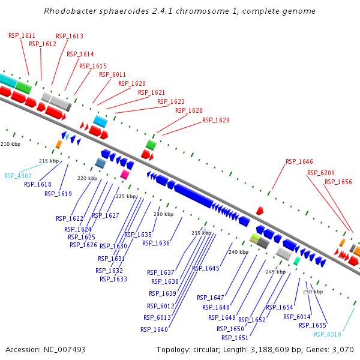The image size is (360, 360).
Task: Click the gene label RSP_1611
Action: pos(22,35)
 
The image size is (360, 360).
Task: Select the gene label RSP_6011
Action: pos(113,74)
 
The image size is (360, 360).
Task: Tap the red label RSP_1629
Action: pos(215,120)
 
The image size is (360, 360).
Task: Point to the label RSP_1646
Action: pos(299,161)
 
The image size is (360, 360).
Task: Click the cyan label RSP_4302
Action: pos(17,176)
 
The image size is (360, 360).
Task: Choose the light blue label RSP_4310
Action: pos(327,334)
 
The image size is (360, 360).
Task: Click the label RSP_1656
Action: pos(338,182)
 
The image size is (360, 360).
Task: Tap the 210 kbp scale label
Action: pos(10,145)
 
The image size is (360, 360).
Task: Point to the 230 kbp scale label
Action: pos(163,214)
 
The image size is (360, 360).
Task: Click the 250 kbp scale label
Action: pos(313,292)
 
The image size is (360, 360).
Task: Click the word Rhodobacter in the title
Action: pos(71,11)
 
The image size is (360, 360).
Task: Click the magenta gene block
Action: pos(125,175)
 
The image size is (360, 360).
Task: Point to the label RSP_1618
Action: pos(37,184)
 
